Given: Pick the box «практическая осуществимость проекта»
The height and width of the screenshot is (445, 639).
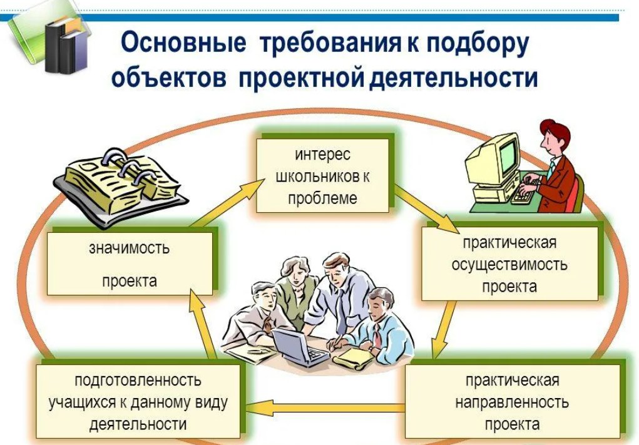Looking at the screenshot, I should pos(509,263).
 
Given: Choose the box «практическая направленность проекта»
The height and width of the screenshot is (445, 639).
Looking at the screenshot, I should pos(511,401).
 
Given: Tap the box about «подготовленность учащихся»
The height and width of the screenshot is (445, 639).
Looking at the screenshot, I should pos(138,401).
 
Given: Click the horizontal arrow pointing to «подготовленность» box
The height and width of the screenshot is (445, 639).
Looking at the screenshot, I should pos(325,409).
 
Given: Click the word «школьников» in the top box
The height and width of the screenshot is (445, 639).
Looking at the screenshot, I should pos(322,176).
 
